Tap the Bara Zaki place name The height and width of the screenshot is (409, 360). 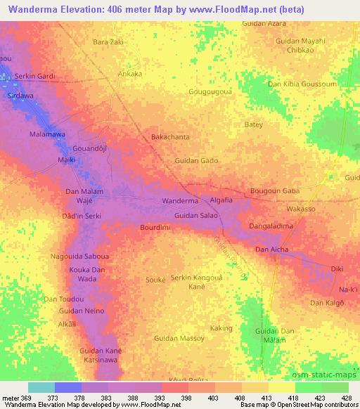point(108,42)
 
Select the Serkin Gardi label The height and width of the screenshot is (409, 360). point(35,76)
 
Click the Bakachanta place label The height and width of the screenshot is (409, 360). point(171,137)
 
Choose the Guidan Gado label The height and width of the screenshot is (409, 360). point(196,161)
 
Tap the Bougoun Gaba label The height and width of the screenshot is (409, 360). point(275,191)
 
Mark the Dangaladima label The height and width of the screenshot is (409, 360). point(271,226)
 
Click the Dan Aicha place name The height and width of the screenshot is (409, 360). point(271,249)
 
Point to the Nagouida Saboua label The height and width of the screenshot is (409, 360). point(79,257)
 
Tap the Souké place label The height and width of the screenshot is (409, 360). point(155,280)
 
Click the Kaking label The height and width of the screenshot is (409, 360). point(221,328)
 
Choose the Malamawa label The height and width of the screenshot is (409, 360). point(47,134)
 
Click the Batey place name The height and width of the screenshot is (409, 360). point(253,124)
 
